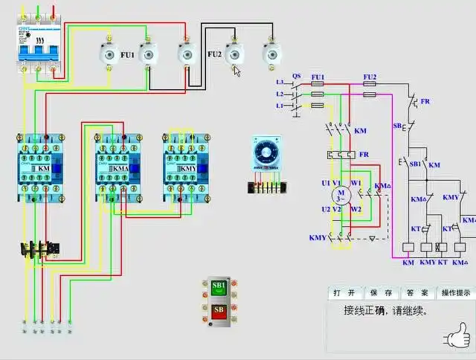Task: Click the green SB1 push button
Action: [x=219, y=286]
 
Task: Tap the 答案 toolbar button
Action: [x=418, y=293]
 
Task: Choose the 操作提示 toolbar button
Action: [x=455, y=293]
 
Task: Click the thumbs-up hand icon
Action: [x=457, y=337]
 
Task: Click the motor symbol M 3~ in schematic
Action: [x=341, y=195]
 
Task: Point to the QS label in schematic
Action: [x=296, y=76]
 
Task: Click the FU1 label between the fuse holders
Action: [x=128, y=55]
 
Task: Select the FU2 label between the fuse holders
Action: [x=214, y=54]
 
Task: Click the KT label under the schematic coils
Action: [x=443, y=263]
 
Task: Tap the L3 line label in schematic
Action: [x=280, y=82]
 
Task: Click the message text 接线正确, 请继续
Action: [x=385, y=311]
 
